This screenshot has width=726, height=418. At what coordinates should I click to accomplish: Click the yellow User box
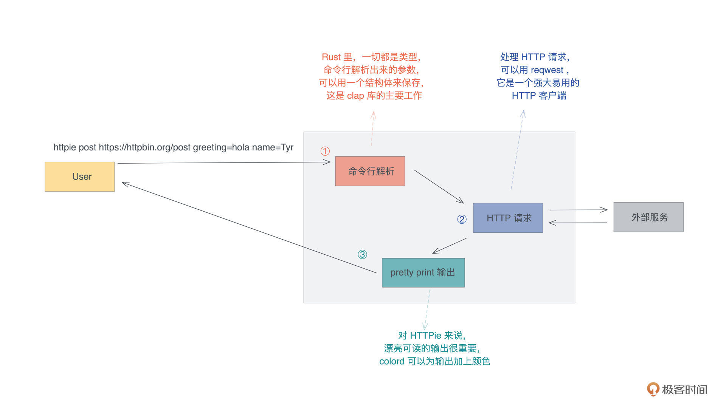pyautogui.click(x=80, y=176)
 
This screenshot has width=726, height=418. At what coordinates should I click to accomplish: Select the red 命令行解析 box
pyautogui.click(x=370, y=171)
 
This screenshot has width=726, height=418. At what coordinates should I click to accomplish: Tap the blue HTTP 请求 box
pyautogui.click(x=508, y=218)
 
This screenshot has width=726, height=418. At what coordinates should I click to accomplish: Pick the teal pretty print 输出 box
pyautogui.click(x=423, y=272)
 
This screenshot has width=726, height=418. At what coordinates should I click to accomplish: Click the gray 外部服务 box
pyautogui.click(x=648, y=217)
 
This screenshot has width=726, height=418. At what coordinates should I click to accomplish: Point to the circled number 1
pyautogui.click(x=325, y=151)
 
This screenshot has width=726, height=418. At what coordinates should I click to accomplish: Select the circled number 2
pyautogui.click(x=462, y=219)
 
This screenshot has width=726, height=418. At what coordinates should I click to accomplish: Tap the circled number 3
pyautogui.click(x=362, y=254)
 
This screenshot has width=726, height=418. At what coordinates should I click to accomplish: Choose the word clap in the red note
pyautogui.click(x=355, y=96)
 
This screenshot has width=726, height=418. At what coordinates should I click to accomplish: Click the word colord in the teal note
pyautogui.click(x=392, y=361)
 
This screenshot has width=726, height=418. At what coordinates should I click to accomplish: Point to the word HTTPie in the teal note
pyautogui.click(x=425, y=336)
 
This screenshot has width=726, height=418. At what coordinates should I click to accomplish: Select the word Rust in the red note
pyautogui.click(x=331, y=57)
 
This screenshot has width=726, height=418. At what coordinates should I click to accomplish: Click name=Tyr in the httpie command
pyautogui.click(x=273, y=147)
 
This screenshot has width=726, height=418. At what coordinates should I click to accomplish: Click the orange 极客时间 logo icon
pyautogui.click(x=653, y=389)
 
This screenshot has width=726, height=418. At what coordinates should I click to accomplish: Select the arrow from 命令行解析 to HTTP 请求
pyautogui.click(x=439, y=186)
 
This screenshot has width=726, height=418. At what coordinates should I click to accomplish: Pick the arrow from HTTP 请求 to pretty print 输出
pyautogui.click(x=449, y=246)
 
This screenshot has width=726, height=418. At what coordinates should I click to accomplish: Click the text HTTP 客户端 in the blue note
pyautogui.click(x=539, y=96)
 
